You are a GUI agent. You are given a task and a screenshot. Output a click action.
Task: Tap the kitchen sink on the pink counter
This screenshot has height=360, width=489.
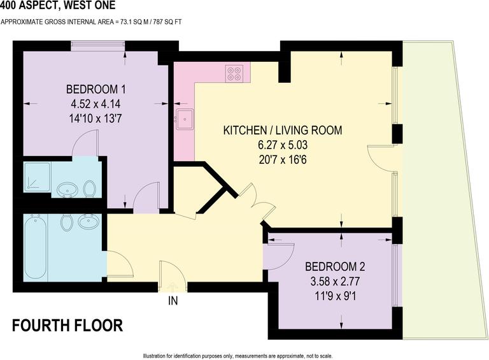point(186,118)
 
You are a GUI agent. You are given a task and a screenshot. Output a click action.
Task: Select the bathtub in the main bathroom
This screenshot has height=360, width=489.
point(36,247)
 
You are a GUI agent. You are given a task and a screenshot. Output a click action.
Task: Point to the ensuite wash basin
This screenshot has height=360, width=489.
point(65,189)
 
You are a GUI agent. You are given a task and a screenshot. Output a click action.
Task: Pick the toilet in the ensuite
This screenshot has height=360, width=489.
point(90,189)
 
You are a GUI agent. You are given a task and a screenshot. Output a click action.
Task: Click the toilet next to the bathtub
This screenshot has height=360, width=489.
point(66,222)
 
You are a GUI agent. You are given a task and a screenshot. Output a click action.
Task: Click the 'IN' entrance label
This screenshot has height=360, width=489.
point(172,300)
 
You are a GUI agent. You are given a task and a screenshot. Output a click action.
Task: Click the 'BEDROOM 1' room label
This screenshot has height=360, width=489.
point(96,89)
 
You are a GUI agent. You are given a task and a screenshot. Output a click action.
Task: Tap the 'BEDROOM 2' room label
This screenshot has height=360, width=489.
point(335,266)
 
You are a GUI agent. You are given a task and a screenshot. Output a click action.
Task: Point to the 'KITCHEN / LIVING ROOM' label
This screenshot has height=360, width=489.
point(282,131)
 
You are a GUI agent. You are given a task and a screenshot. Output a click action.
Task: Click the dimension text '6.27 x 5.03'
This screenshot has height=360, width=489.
point(282,144)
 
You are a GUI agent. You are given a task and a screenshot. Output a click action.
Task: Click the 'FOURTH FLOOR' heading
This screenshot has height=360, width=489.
point(67,326)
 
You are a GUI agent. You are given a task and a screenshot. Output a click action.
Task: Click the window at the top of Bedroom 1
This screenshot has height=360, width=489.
point(97,45)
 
